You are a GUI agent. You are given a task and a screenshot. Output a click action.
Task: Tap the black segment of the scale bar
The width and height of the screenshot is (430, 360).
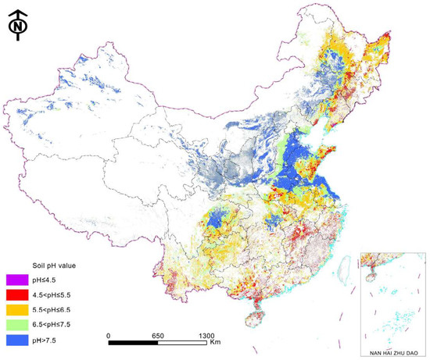(133, 342)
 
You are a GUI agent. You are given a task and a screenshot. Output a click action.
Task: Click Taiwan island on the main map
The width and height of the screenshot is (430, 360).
(338, 272)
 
